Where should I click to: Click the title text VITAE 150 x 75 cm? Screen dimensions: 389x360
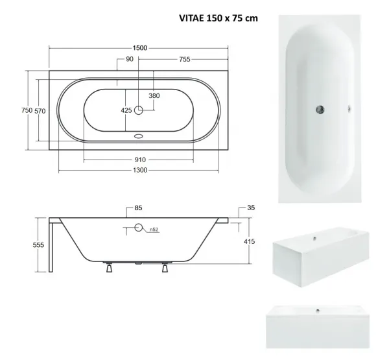[218, 18]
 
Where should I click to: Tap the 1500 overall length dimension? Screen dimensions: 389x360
[140, 48]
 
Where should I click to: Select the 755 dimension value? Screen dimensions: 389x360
[185, 59]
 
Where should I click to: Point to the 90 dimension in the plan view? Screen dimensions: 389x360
[130, 59]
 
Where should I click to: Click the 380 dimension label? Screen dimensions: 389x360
[154, 95]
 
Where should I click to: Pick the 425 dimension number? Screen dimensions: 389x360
[126, 110]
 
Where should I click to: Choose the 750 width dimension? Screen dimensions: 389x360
[27, 110]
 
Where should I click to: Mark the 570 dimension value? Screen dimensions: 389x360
[40, 111]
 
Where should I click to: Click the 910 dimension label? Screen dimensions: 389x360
[140, 160]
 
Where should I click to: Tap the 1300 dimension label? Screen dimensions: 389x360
[140, 170]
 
